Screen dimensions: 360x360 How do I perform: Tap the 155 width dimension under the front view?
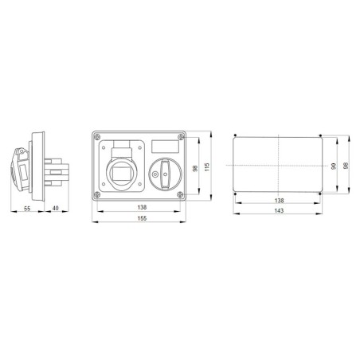click(141, 218)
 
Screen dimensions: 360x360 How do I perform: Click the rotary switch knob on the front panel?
click(164, 169)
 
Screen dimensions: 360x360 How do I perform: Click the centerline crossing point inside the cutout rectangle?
click(276, 163)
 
